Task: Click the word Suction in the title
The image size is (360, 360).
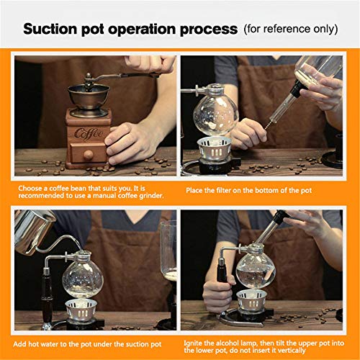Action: pyautogui.click(x=50, y=29)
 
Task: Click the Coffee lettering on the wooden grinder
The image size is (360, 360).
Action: pyautogui.click(x=89, y=133)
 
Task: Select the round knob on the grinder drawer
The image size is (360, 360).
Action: pyautogui.click(x=89, y=155)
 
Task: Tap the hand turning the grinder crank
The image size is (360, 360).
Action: pyautogui.click(x=150, y=64)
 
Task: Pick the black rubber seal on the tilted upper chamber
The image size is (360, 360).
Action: pyautogui.click(x=298, y=89)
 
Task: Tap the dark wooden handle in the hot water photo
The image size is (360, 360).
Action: pyautogui.click(x=47, y=297)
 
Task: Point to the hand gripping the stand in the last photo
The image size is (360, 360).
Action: pyautogui.click(x=217, y=294)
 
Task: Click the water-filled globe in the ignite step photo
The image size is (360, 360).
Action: pyautogui.click(x=256, y=271)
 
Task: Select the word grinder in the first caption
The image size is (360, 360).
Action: pyautogui.click(x=151, y=196)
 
